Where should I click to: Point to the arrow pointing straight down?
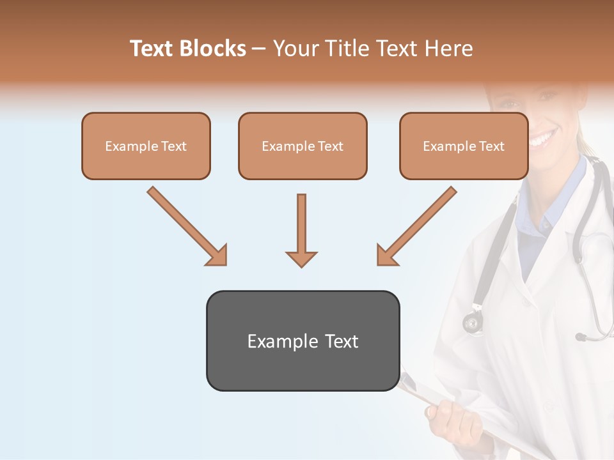301,230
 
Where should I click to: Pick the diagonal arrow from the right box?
416,227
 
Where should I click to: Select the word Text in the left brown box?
173,146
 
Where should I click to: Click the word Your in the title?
293,49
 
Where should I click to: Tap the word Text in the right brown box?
491,146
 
